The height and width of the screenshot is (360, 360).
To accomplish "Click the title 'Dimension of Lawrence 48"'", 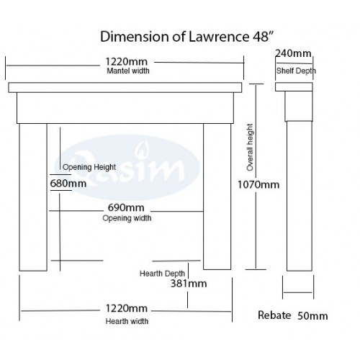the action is (187, 37).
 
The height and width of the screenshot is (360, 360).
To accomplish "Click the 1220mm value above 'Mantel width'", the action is (127, 62).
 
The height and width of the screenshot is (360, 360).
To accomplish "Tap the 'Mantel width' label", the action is (128, 71).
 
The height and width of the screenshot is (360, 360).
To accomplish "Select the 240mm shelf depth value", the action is (293, 53).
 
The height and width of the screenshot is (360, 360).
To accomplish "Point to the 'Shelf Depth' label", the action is (296, 71).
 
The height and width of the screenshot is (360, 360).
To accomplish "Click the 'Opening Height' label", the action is (89, 167).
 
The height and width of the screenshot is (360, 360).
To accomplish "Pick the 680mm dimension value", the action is (68, 184).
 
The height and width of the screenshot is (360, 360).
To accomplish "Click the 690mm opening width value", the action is (126, 207).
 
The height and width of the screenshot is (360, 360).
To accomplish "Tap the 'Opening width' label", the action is (127, 218).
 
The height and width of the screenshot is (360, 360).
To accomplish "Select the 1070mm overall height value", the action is (258, 185).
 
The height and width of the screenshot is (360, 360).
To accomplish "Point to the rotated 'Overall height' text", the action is (250, 148).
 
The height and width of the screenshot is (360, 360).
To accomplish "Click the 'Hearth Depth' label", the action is (162, 274).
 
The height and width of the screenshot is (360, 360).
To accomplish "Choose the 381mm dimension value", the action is (189, 284).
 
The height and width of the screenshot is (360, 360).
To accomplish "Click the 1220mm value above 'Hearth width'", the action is (127, 309).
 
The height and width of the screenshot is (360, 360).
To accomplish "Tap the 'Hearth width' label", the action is (127, 321).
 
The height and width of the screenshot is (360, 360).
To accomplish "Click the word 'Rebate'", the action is (274, 315).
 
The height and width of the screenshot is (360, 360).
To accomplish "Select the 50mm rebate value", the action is (312, 316).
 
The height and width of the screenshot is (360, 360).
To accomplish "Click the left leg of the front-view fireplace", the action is (33, 197).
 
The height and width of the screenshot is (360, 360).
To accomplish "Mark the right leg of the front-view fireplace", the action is (217, 197).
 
